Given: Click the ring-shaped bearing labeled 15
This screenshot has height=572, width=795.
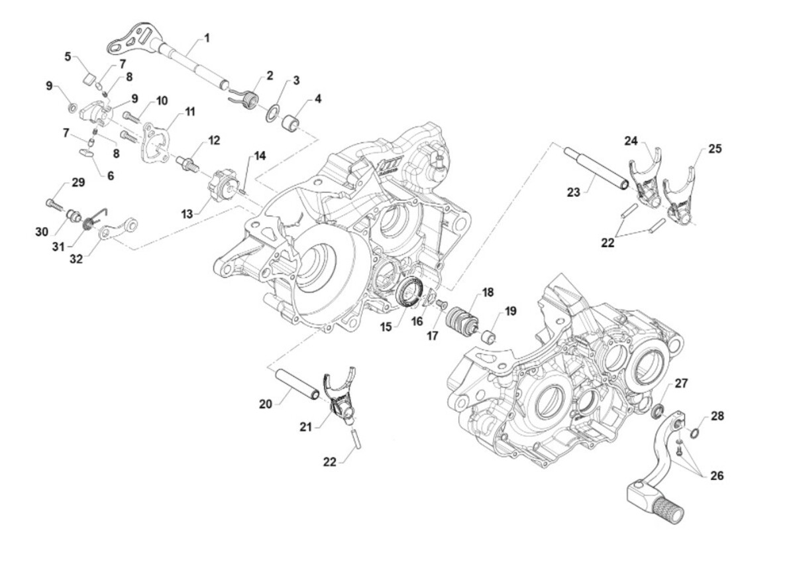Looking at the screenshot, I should [410, 292].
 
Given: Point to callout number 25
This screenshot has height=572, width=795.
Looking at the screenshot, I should [714, 149].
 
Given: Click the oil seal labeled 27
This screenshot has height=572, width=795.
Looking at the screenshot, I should [659, 410].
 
